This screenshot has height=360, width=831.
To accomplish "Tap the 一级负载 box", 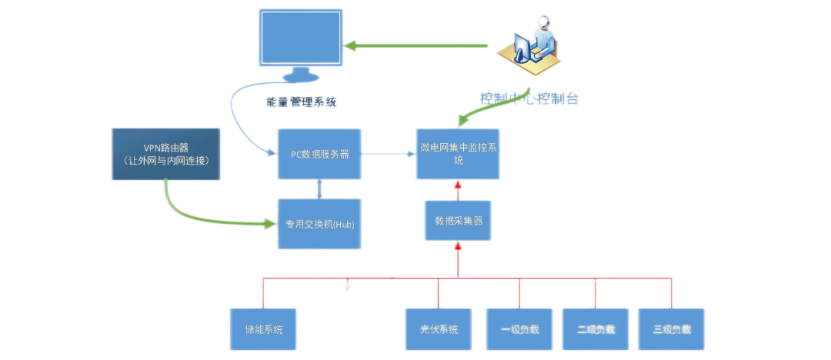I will tap(519, 329).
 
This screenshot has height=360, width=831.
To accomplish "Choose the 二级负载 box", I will tap(596, 329).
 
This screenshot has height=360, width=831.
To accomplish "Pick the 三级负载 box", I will tap(671, 329).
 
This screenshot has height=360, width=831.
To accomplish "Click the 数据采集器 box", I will tap(458, 220).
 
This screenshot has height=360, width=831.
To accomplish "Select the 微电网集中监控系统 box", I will tap(458, 154).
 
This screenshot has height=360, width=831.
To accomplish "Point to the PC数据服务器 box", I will tap(319, 154).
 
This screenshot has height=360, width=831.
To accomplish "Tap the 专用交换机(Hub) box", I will tap(319, 224).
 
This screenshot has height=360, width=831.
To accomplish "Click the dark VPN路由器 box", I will tap(166, 154).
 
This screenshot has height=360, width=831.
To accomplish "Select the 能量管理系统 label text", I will tap(301, 102).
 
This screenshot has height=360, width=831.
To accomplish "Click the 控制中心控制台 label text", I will tap(529, 98).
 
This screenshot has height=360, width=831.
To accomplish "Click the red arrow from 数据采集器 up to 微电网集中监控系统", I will tap(458, 190).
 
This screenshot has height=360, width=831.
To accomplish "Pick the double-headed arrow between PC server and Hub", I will tap(319, 188).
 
